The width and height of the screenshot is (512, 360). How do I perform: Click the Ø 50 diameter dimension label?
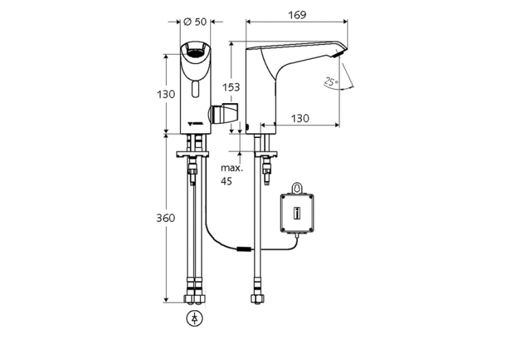pyautogui.click(x=195, y=22)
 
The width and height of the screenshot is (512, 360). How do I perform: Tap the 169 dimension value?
pyautogui.click(x=296, y=15)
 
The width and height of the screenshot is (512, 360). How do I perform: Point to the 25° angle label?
pyautogui.click(x=331, y=81)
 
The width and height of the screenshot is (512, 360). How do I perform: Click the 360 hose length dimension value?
pyautogui.click(x=165, y=218)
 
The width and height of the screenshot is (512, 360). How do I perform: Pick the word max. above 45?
pyautogui.click(x=229, y=167)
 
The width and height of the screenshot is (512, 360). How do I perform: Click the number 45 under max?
pyautogui.click(x=226, y=182)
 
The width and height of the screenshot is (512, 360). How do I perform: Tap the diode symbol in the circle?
pyautogui.click(x=195, y=318)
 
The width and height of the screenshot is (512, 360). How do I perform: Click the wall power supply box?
pyautogui.click(x=297, y=212)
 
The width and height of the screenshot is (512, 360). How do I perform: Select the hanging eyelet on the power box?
pyautogui.click(x=297, y=186)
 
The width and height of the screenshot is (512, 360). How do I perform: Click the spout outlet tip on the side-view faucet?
pyautogui.click(x=340, y=53)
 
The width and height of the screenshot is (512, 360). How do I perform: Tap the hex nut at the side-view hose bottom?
pyautogui.click(x=260, y=300)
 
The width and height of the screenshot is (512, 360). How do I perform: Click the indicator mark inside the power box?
pyautogui.click(x=297, y=212)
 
